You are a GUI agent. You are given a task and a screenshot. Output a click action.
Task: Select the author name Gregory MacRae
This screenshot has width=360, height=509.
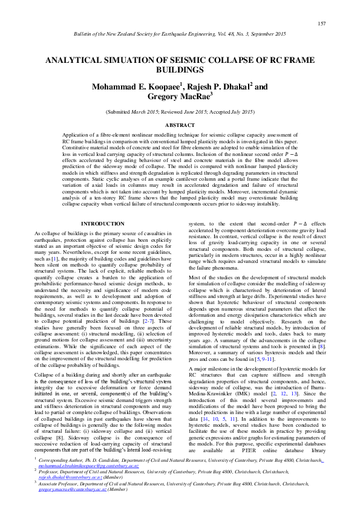click(180, 97)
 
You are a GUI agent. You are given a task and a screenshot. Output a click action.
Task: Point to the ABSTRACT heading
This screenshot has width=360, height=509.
click(180, 125)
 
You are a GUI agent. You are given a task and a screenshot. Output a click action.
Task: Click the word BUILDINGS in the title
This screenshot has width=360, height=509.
click(180, 70)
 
